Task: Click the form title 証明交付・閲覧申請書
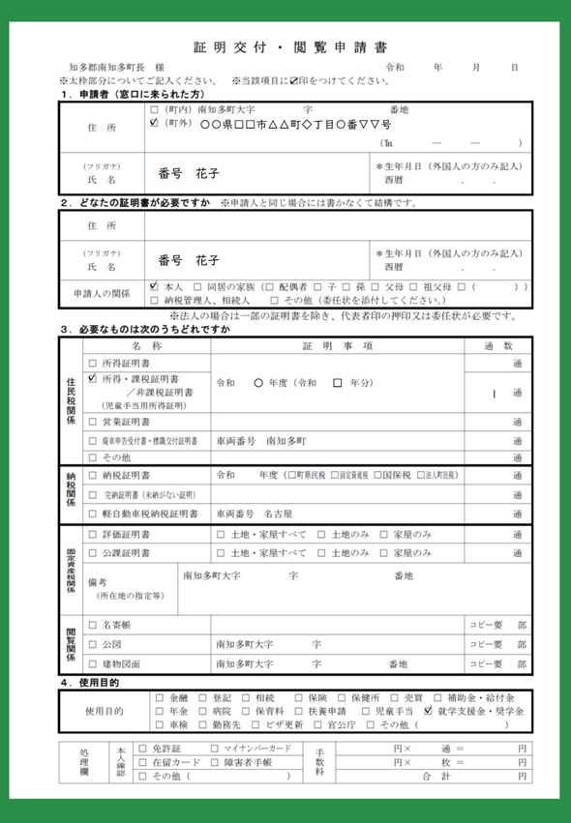(x=289, y=46)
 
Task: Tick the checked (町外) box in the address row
(x=154, y=124)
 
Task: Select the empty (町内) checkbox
(x=154, y=110)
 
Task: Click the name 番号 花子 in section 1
(x=189, y=175)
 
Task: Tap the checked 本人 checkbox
(x=154, y=287)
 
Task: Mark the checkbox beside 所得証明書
(x=93, y=363)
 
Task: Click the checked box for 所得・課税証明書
(x=93, y=379)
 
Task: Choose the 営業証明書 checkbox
(x=93, y=423)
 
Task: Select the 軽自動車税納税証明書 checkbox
(x=93, y=514)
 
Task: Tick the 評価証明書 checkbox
(x=93, y=535)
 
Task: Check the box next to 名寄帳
(x=93, y=625)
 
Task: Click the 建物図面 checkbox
(x=93, y=664)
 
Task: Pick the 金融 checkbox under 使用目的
(x=160, y=697)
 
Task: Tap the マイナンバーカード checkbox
(x=215, y=749)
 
